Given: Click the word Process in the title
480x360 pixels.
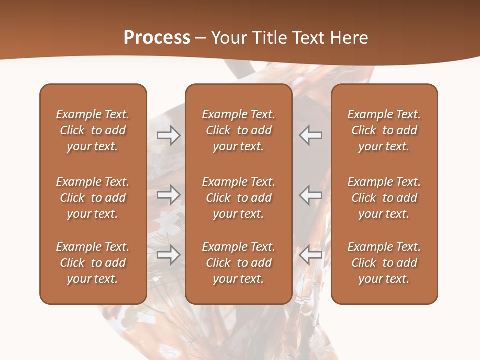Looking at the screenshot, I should point(157,38).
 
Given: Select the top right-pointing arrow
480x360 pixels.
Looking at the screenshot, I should point(168,135).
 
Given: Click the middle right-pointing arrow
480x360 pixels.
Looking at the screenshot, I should point(168,195).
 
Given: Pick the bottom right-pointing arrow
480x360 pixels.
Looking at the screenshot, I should point(168,255).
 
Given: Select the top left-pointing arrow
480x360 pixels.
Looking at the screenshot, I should point(311,135).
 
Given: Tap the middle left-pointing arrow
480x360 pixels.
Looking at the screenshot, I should point(311,195).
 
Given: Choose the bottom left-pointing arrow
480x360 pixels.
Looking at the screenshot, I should point(311,255).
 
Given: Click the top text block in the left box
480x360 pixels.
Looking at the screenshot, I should point(93,130).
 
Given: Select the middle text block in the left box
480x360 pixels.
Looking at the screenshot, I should point(93,198).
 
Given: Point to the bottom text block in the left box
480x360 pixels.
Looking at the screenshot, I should point(93,263).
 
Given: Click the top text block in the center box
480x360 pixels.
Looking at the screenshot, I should point(238,130).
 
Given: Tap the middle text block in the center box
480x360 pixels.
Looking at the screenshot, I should point(238,198).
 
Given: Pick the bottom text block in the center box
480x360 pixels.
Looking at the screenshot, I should point(238,263).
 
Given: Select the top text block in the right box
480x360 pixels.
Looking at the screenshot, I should point(384,130).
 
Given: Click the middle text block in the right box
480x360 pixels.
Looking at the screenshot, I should point(384,198).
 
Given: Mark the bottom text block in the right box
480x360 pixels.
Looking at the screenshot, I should point(384,263).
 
